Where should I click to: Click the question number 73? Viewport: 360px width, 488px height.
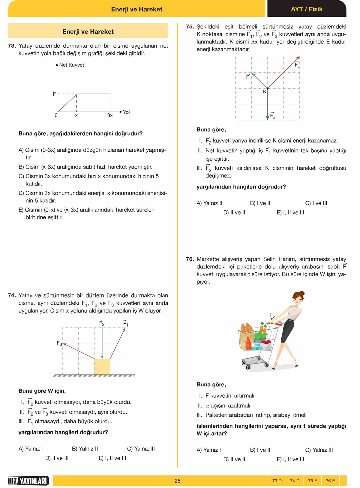pyautogui.click(x=12, y=46)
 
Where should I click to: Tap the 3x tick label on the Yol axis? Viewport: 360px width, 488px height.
pyautogui.click(x=110, y=115)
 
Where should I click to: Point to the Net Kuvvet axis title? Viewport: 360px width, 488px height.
pyautogui.click(x=71, y=65)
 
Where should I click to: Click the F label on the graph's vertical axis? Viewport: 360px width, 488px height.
pyautogui.click(x=54, y=94)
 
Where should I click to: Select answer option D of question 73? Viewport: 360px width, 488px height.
pyautogui.click(x=93, y=197)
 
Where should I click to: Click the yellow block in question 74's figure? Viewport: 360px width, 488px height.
pyautogui.click(x=102, y=367)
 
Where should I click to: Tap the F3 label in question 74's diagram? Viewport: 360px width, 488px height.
pyautogui.click(x=59, y=343)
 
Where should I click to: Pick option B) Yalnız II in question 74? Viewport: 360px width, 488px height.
pyautogui.click(x=85, y=449)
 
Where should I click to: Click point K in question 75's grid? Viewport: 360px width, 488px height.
pyautogui.click(x=268, y=88)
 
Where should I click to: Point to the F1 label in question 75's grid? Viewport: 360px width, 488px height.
pyautogui.click(x=248, y=77)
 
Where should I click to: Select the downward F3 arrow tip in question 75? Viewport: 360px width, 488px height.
pyautogui.click(x=268, y=119)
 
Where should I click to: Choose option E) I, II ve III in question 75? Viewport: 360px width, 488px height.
pyautogui.click(x=290, y=213)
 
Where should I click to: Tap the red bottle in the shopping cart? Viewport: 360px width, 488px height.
pyautogui.click(x=248, y=344)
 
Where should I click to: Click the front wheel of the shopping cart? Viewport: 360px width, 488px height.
pyautogui.click(x=248, y=367)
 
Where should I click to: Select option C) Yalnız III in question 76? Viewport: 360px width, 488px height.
pyautogui.click(x=319, y=450)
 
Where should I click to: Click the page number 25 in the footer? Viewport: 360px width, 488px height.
pyautogui.click(x=177, y=481)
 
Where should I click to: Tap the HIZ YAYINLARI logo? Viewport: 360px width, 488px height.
pyautogui.click(x=28, y=481)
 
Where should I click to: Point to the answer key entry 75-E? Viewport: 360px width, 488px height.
pyautogui.click(x=312, y=481)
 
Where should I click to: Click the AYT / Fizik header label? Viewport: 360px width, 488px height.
pyautogui.click(x=307, y=9)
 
